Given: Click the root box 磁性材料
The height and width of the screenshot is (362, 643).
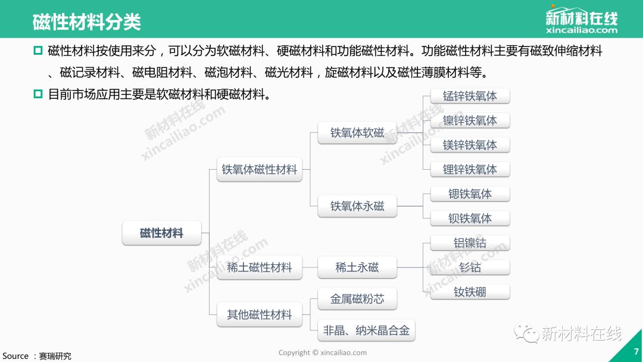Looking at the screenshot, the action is point(161,233).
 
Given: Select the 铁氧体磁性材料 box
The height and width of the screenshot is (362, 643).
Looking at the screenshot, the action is point(259,170).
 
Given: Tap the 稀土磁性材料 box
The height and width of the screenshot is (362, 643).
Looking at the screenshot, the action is point(259,267).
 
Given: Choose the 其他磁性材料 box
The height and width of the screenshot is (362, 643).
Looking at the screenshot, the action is point(259,314).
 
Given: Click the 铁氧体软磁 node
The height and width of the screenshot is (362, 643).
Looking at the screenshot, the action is point(357,133).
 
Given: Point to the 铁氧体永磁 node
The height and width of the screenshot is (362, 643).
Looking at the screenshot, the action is point(357,206).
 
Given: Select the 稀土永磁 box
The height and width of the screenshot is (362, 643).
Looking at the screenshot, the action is point(357,267).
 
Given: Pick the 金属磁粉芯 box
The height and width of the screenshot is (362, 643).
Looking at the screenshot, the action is point(357,299).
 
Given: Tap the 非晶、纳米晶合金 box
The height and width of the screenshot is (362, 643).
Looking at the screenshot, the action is point(366,330).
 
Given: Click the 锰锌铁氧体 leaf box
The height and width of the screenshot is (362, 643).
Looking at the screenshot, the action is point(470,96).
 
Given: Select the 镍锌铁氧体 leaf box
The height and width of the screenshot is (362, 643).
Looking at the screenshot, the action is point(470,120).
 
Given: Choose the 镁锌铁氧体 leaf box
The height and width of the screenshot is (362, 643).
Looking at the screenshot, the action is point(470,145).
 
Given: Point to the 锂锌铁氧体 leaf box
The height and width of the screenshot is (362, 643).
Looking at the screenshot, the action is point(470,169).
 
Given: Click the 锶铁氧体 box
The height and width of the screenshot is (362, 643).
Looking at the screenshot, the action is point(470,194).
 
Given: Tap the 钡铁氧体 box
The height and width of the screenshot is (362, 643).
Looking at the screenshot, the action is point(470,218).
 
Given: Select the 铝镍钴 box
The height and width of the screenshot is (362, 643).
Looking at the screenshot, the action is point(470,243).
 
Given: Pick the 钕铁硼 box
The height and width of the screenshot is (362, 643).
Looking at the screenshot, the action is point(470,292).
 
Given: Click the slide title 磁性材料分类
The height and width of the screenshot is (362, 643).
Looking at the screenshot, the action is point(86,22).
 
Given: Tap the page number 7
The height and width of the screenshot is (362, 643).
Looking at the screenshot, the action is point(636,352).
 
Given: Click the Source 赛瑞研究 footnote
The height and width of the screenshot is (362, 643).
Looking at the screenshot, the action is point(37,356).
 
